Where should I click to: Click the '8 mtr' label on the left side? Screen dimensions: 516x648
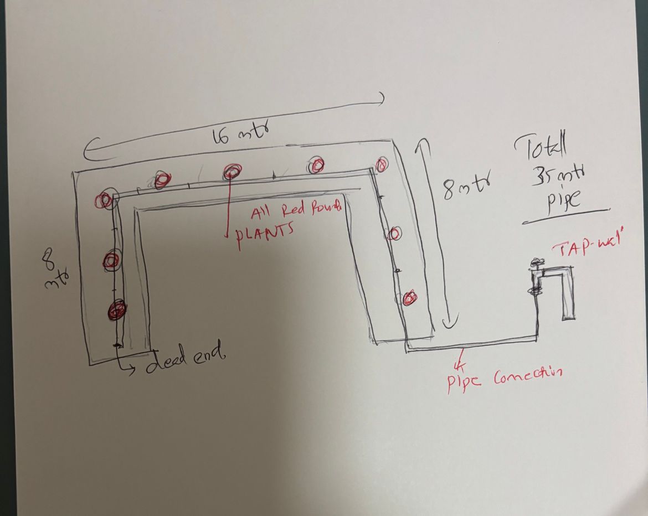tap(53, 270)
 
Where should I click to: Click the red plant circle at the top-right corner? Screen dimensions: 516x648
tap(381, 164)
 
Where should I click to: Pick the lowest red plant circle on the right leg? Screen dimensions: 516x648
tap(409, 298)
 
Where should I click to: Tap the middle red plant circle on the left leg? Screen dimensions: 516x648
tap(112, 260)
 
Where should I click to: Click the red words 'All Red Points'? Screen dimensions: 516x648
tap(296, 211)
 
